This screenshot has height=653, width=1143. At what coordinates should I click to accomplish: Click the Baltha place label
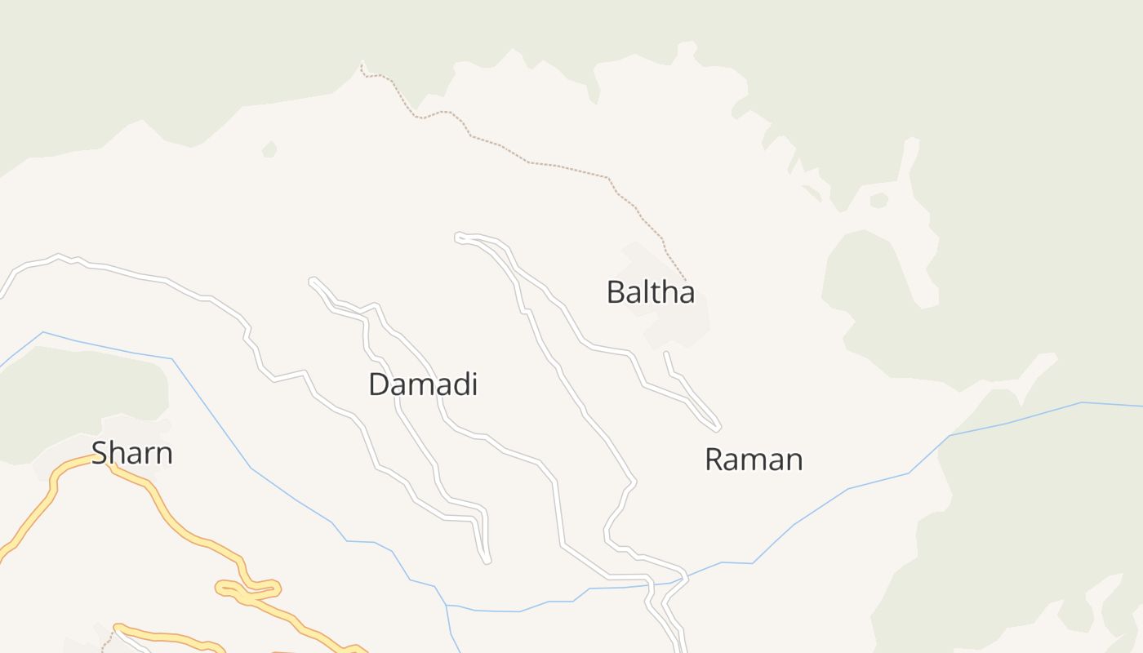tap(650, 292)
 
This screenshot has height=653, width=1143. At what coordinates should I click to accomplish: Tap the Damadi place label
tap(422, 384)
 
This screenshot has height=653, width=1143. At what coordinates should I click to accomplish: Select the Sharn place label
tap(131, 453)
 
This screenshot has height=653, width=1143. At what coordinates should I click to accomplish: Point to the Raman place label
tap(754, 460)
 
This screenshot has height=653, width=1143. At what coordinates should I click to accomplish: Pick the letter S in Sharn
tap(100, 453)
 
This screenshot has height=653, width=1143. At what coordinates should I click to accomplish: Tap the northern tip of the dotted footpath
tap(362, 63)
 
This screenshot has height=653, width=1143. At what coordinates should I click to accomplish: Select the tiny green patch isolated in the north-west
tap(269, 149)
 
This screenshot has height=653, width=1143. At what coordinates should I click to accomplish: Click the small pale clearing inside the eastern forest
tap(878, 200)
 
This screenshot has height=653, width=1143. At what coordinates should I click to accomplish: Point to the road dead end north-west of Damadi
tap(313, 282)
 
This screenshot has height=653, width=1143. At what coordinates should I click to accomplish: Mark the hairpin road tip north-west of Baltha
tap(459, 237)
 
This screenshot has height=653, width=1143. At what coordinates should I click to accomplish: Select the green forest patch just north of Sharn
tap(82, 392)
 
